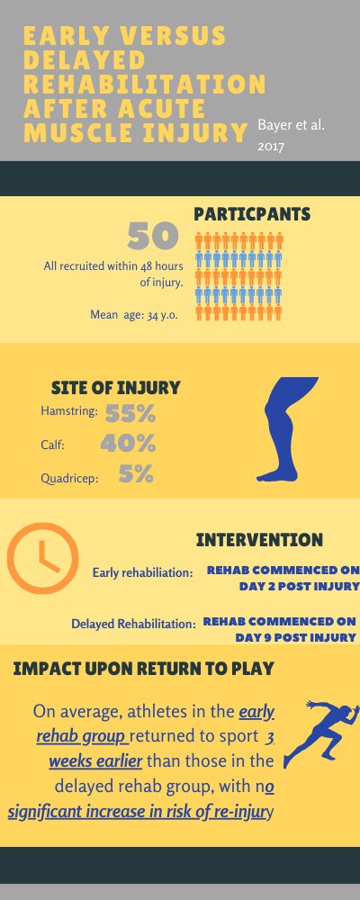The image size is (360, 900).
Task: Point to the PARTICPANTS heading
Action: click(253, 214)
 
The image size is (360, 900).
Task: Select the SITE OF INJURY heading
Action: click(117, 388)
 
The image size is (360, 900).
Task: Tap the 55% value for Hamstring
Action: click(131, 414)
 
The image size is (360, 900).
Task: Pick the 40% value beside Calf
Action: click(129, 444)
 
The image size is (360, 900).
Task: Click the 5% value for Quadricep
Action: click(136, 473)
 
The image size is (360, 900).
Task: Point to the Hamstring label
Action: click(69, 412)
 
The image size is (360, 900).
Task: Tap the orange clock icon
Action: click(40, 559)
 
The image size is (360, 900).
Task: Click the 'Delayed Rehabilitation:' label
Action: click(133, 623)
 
